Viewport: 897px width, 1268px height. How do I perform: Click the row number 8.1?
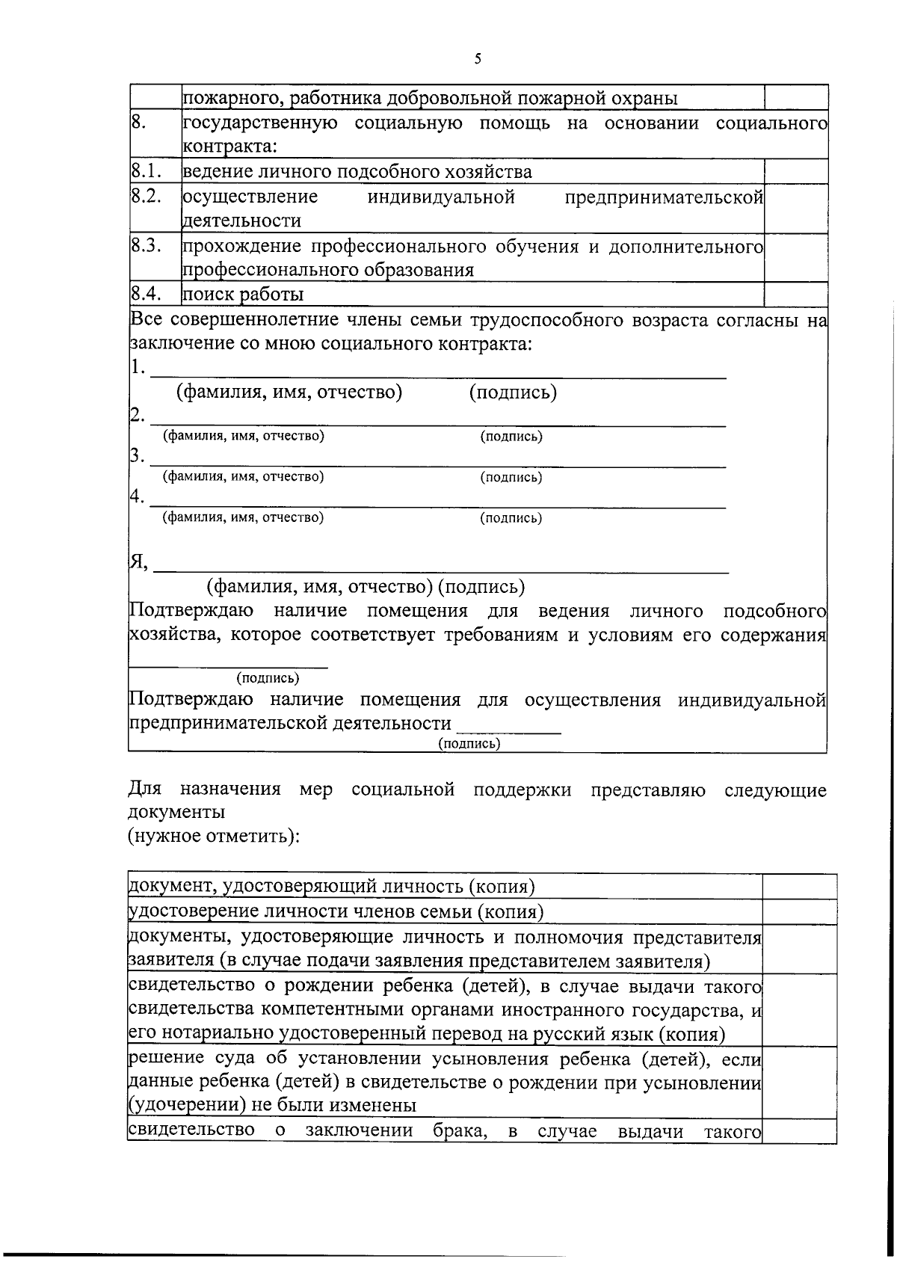coord(147,171)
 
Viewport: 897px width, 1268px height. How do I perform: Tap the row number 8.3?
coord(147,246)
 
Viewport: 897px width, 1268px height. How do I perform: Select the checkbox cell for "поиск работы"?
coord(795,294)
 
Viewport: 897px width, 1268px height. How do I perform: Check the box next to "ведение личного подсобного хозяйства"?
coord(795,171)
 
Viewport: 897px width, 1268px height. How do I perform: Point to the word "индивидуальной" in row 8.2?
coord(440,197)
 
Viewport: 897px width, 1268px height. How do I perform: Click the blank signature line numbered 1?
coord(437,372)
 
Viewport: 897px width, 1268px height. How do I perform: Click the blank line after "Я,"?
coord(441,567)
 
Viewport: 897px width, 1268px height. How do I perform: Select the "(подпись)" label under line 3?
coord(511,477)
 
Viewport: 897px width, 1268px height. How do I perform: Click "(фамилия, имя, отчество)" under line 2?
coord(244,436)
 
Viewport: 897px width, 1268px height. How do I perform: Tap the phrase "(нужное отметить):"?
coord(214,835)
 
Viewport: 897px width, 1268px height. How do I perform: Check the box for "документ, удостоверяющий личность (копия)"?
coord(798,887)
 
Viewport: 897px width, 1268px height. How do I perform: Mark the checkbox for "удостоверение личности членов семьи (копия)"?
coord(798,911)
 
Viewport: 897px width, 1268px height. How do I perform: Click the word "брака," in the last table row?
coord(460,1130)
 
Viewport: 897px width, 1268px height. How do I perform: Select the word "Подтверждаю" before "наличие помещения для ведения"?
coord(191,611)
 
